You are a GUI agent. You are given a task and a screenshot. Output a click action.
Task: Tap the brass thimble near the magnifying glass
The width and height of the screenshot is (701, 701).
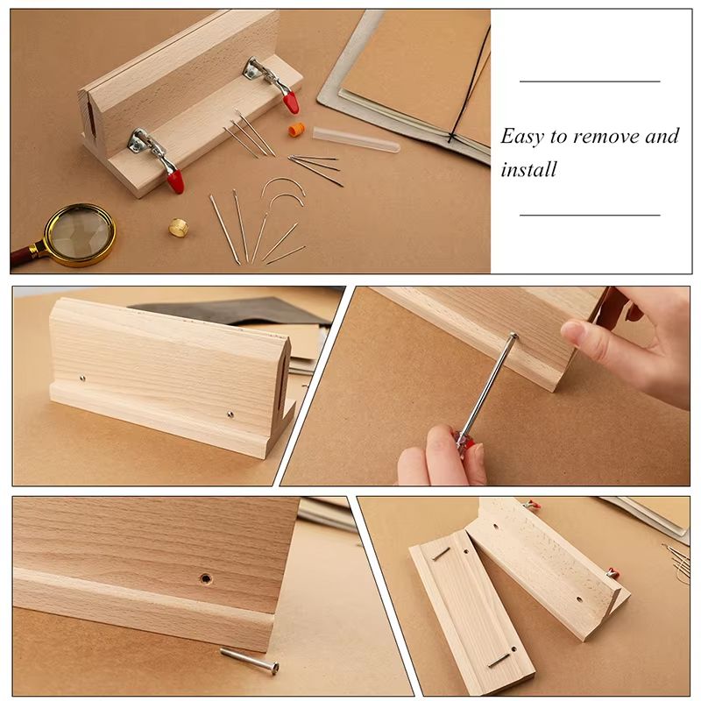179,227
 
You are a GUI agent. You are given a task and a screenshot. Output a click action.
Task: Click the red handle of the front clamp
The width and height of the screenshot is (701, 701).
175,181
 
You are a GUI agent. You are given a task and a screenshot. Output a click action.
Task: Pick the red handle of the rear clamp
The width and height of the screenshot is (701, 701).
290,102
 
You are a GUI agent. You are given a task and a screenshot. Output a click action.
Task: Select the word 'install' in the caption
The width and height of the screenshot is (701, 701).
528,169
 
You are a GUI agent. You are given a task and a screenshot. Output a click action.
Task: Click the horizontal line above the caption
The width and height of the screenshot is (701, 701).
589,81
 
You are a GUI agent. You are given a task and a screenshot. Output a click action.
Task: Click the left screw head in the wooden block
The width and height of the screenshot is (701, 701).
81,379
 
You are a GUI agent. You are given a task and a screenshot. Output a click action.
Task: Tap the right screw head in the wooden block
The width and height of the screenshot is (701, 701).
230,414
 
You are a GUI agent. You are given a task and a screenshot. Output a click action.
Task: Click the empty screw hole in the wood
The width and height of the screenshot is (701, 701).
205,579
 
